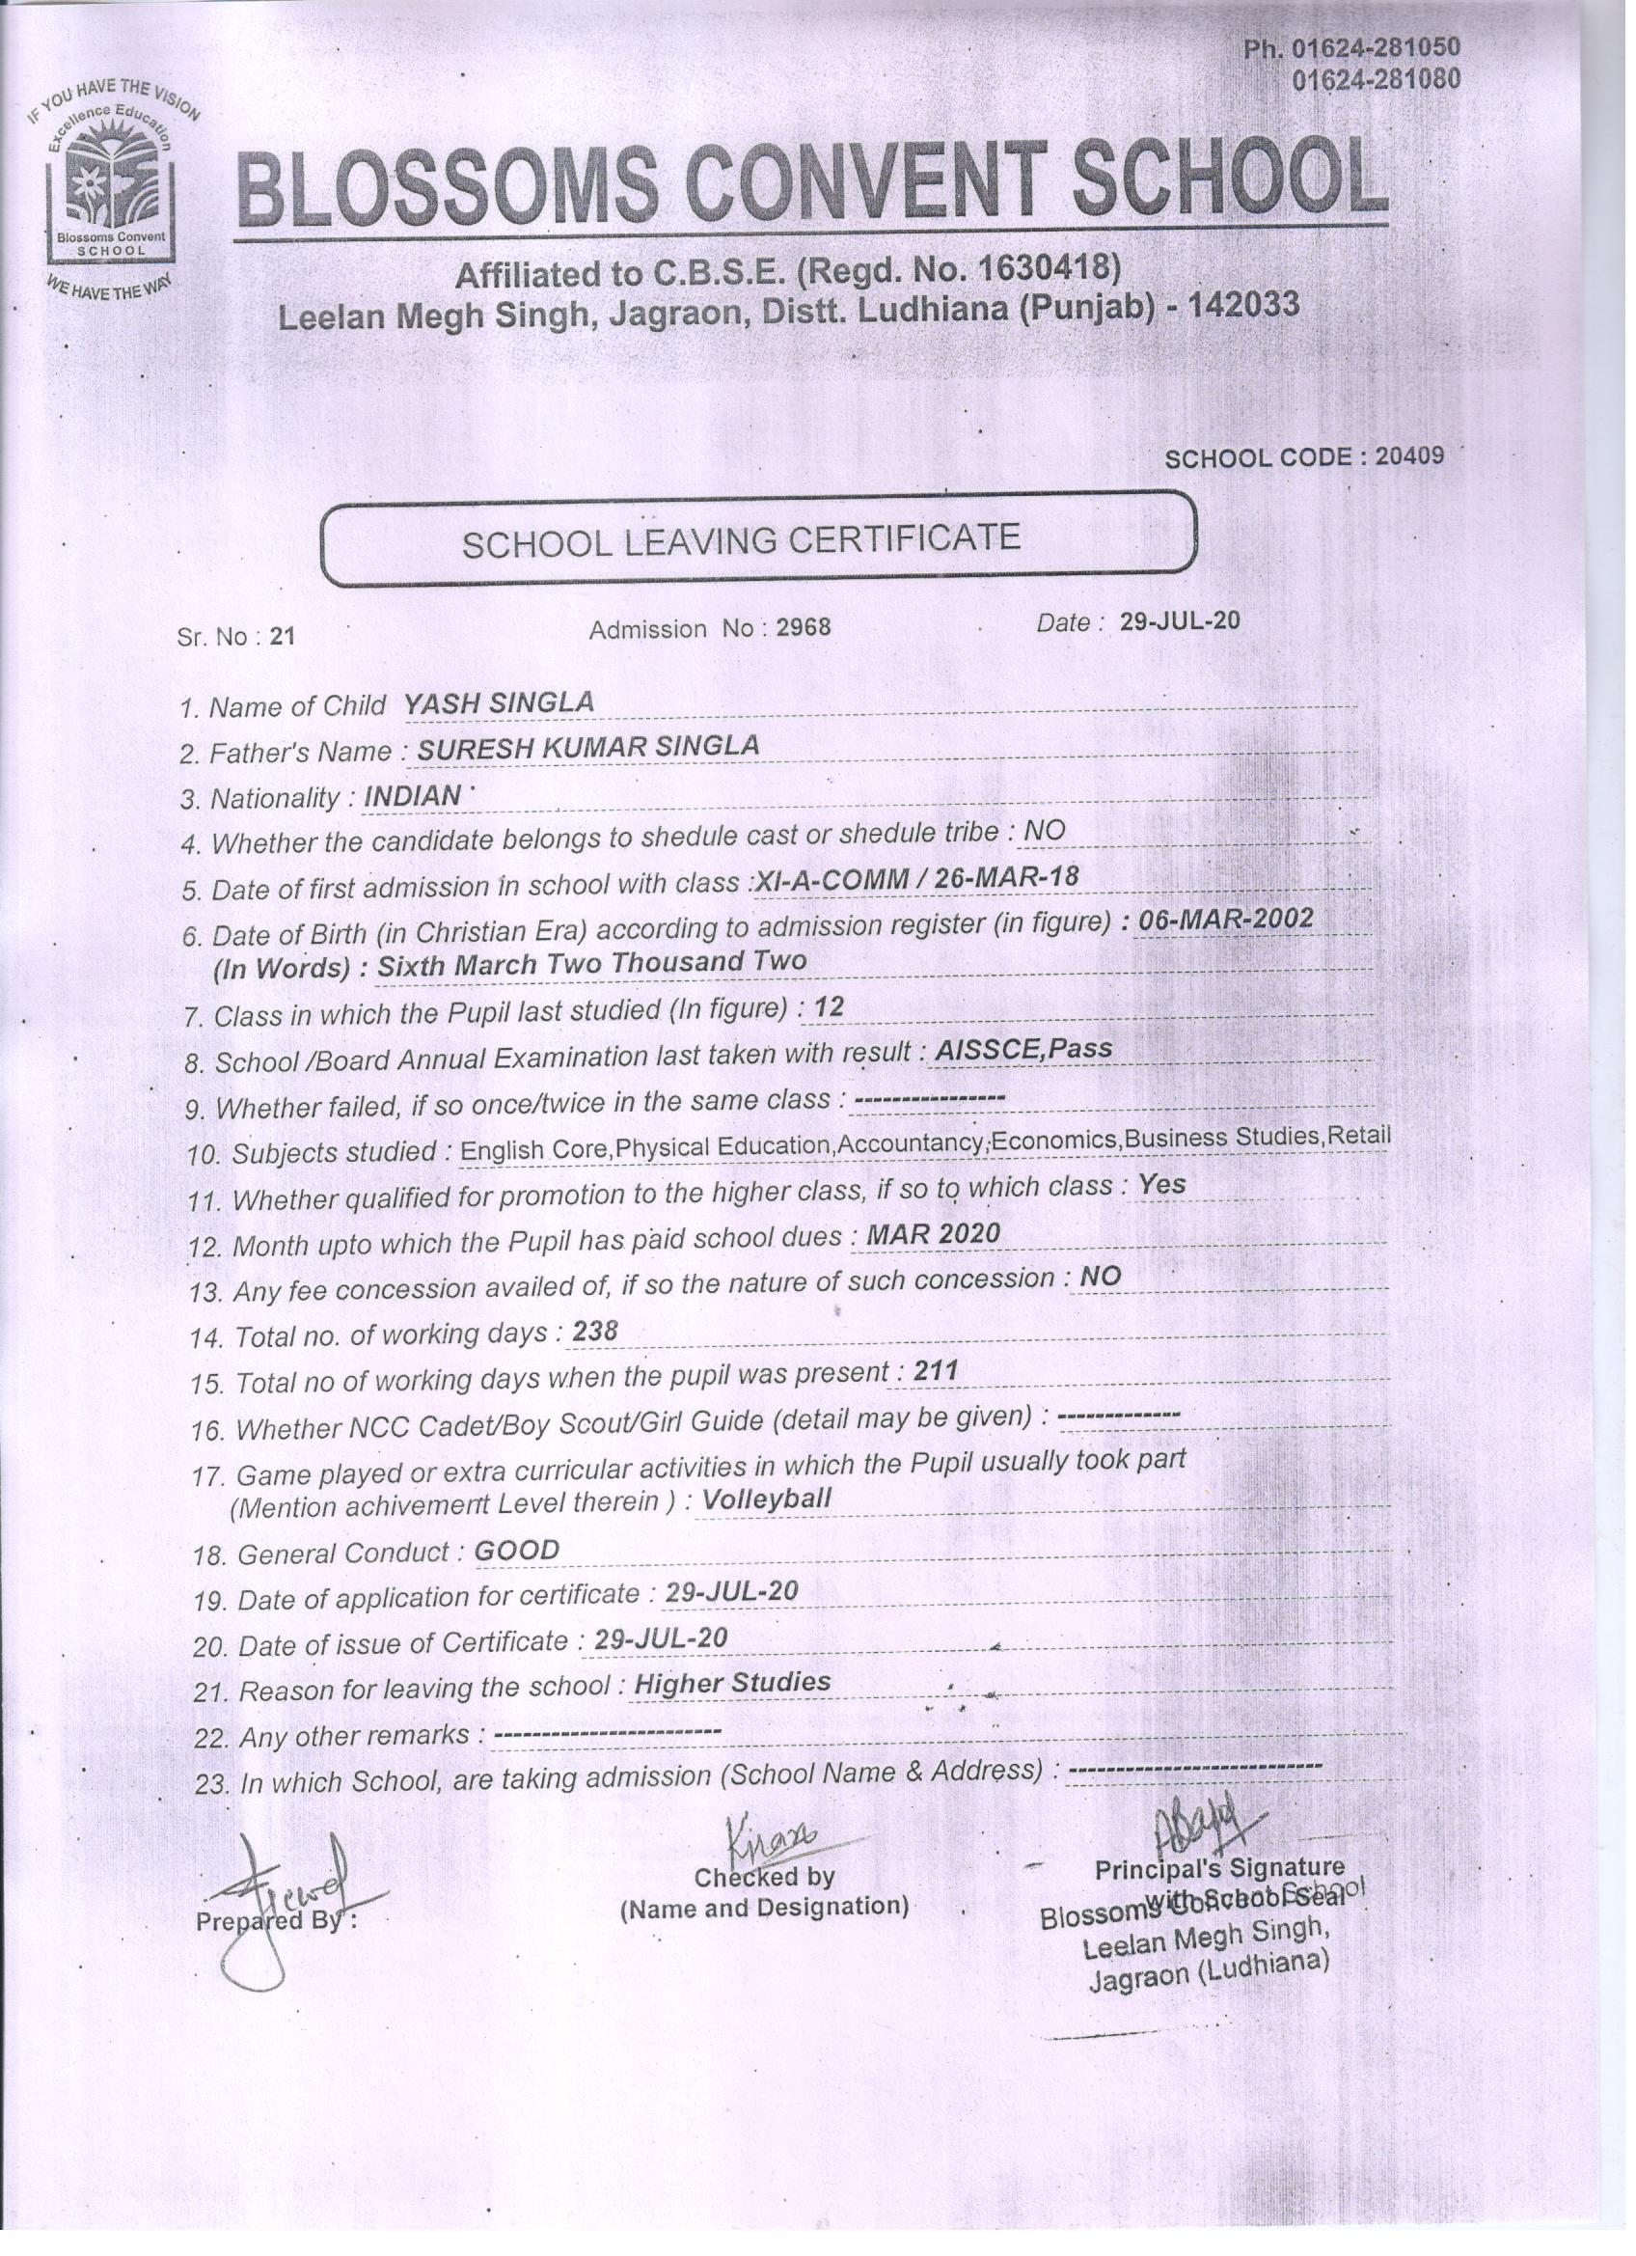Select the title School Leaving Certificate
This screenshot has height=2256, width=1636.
(x=741, y=540)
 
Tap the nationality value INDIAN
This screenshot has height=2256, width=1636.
(x=413, y=796)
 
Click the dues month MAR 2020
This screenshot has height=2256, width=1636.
(x=933, y=1234)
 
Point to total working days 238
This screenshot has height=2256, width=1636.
(x=596, y=1331)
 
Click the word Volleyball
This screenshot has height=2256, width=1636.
(x=767, y=1498)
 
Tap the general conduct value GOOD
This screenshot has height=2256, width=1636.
(x=517, y=1550)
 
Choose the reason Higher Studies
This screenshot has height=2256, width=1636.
(x=732, y=1682)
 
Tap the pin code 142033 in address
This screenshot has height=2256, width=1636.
(x=1245, y=305)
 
